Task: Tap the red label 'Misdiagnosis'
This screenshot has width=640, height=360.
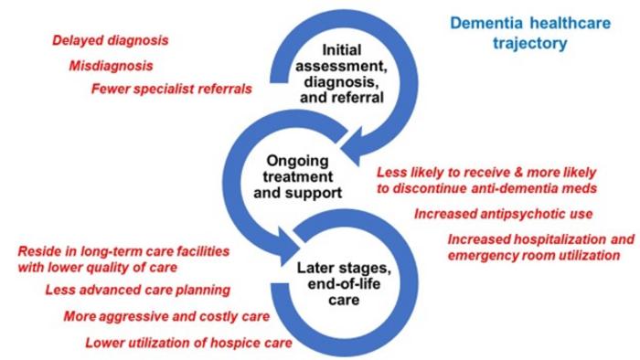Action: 111,66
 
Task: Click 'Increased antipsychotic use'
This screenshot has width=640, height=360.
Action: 504,214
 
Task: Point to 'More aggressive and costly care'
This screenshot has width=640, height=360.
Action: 166,317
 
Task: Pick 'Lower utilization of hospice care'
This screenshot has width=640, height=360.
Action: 188,344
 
